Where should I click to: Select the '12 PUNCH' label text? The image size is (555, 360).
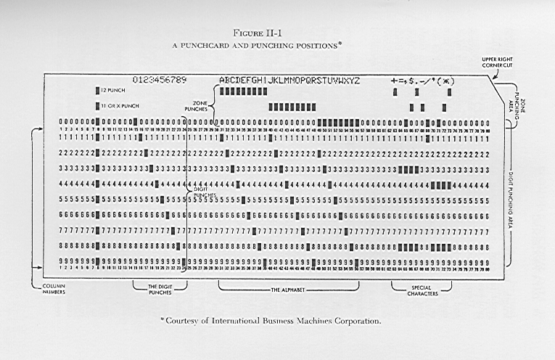coord(115,91)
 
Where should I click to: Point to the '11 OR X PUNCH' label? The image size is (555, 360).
coord(119,106)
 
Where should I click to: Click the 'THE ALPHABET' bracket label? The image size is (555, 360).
coord(288,289)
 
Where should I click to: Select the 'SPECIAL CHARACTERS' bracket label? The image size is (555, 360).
coord(421,289)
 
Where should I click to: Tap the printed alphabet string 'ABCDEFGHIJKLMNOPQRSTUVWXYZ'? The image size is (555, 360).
coord(289,79)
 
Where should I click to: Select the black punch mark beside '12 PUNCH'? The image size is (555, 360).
coord(97,91)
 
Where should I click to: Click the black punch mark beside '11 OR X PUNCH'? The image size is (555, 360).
coord(97,106)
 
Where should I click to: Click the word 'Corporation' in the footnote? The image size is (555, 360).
coord(357,320)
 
